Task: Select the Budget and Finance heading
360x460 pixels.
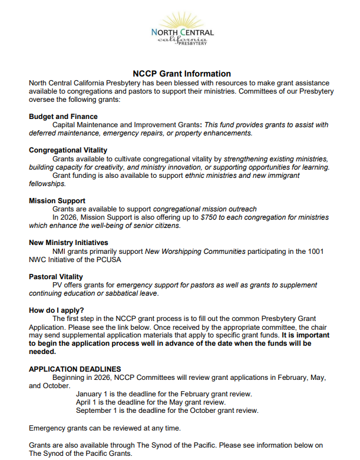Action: coord(63,117)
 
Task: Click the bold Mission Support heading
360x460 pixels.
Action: coord(57,201)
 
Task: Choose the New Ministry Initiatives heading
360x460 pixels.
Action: coord(68,243)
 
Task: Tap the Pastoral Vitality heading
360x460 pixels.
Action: coord(56,276)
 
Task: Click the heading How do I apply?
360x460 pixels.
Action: coord(57,310)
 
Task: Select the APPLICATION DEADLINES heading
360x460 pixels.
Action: coord(75,369)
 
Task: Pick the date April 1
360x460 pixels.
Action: coord(87,402)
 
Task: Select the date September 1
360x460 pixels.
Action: coord(98,411)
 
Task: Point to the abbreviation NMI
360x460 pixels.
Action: coord(60,251)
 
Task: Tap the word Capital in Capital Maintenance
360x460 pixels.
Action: coord(65,125)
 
